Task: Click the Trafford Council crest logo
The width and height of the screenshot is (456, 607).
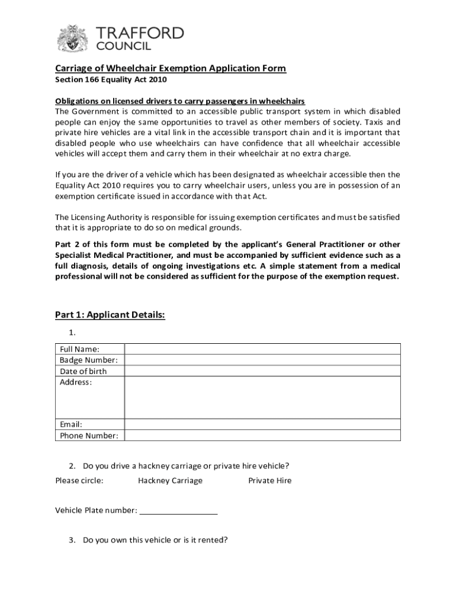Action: [x=72, y=39]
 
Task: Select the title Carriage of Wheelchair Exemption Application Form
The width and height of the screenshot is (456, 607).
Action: [x=171, y=69]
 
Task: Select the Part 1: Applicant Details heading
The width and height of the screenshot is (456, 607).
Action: [x=110, y=315]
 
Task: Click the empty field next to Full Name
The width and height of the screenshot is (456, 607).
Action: [x=262, y=349]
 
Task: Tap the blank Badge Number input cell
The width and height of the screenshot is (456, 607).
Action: [x=262, y=360]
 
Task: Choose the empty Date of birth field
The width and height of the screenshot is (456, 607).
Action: [x=262, y=371]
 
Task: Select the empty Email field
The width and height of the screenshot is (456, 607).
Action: [x=262, y=424]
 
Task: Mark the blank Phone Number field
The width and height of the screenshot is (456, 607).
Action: [x=262, y=436]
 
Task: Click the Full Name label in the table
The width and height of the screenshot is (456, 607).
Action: [x=79, y=349]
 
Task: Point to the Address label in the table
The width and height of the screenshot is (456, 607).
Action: [x=76, y=382]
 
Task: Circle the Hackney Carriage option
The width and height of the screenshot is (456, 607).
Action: [x=170, y=481]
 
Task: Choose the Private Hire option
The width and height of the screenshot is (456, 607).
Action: [x=269, y=481]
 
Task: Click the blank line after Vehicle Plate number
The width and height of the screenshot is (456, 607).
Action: [x=179, y=511]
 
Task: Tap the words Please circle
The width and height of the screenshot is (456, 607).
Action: [x=79, y=481]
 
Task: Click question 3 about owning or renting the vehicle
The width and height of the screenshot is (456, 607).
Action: [x=155, y=540]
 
